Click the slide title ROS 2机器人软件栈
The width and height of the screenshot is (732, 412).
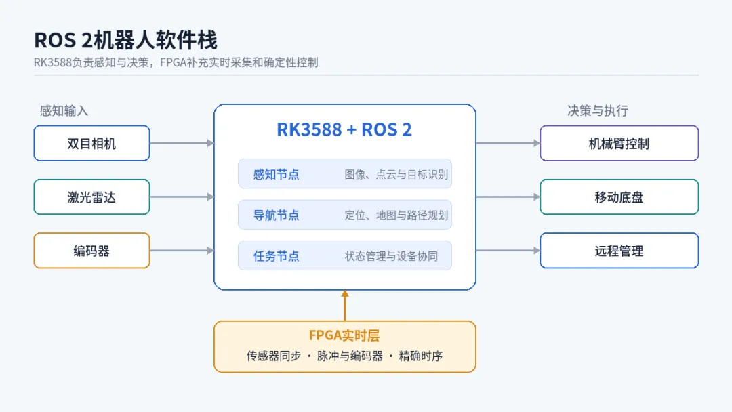(125, 40)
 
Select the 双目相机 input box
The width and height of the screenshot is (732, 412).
(92, 143)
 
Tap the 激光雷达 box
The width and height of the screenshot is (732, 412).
(92, 197)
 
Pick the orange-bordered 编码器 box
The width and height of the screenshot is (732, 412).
(92, 251)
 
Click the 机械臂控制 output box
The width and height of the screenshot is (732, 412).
(619, 143)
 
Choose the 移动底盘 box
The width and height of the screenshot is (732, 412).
(619, 197)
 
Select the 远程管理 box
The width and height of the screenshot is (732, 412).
(619, 251)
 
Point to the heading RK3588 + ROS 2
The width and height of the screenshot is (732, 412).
(344, 129)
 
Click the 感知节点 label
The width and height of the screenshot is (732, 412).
(276, 175)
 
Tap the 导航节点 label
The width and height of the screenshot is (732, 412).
(276, 215)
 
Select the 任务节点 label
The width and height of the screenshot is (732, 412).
(276, 256)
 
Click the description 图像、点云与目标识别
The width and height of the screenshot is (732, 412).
(396, 175)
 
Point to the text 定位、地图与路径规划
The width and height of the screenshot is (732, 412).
(396, 215)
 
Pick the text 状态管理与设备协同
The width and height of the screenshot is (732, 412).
(391, 256)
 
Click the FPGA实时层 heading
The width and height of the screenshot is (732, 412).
(344, 335)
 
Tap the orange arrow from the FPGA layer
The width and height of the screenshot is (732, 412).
(345, 306)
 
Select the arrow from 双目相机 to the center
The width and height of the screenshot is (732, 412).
(182, 143)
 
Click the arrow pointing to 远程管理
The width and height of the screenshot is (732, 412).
(508, 251)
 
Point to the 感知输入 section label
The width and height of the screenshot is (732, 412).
(64, 110)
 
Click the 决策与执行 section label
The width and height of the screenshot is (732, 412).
(598, 110)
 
